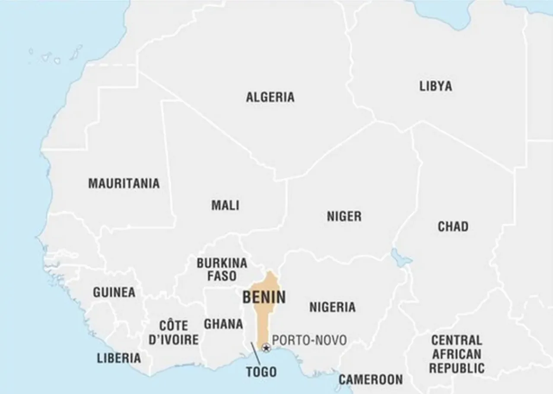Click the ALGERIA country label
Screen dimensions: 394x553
(270, 97)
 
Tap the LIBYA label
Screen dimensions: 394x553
(435, 86)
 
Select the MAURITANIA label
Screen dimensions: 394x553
(124, 183)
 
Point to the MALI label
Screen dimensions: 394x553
(225, 205)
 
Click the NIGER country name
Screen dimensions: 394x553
(344, 216)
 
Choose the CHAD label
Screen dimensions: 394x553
(453, 226)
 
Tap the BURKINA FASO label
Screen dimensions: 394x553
(222, 269)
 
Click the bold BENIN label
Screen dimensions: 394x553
(264, 297)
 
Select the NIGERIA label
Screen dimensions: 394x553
(332, 307)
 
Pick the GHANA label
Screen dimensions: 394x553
(223, 324)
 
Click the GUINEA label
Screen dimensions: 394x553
(114, 292)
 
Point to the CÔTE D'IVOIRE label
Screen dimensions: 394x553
(173, 332)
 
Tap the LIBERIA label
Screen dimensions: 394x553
(119, 358)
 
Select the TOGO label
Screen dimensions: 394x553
(261, 372)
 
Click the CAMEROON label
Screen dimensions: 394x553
(370, 379)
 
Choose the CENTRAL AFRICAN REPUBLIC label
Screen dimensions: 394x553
(456, 354)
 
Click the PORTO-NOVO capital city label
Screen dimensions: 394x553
(309, 340)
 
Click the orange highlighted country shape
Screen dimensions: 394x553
(264, 320)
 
